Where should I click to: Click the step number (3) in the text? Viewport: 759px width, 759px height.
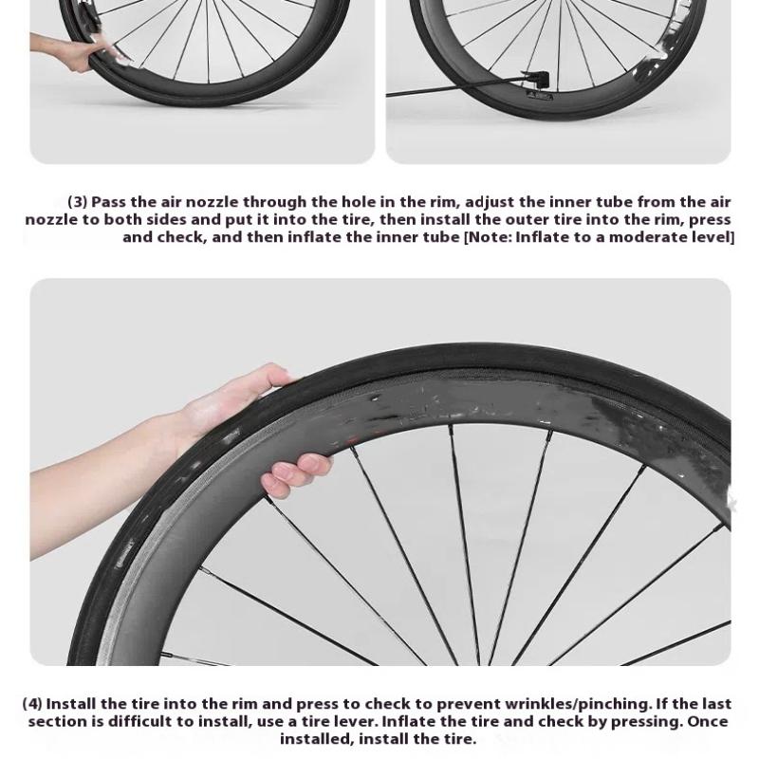pos(78,201)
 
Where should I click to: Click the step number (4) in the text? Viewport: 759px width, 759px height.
pos(32,703)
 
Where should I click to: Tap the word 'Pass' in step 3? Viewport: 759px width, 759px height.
pos(108,201)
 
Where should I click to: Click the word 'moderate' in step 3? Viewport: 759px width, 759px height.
pos(650,237)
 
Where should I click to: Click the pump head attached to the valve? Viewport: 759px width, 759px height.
pos(536,78)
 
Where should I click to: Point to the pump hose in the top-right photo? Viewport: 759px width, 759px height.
pos(455,90)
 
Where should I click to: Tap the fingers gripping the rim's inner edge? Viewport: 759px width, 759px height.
pos(296,473)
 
